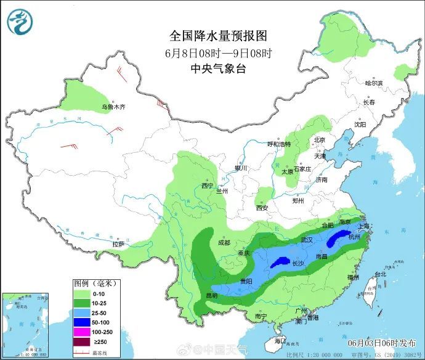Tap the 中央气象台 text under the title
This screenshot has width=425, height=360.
pos(218,69)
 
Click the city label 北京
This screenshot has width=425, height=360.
pos(319,140)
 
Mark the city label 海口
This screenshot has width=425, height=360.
pos(281,340)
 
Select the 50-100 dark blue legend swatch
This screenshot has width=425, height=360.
pos(82,322)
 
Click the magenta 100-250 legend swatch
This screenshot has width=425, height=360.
pos(82,333)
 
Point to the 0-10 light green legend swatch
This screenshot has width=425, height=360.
pos(82,293)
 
